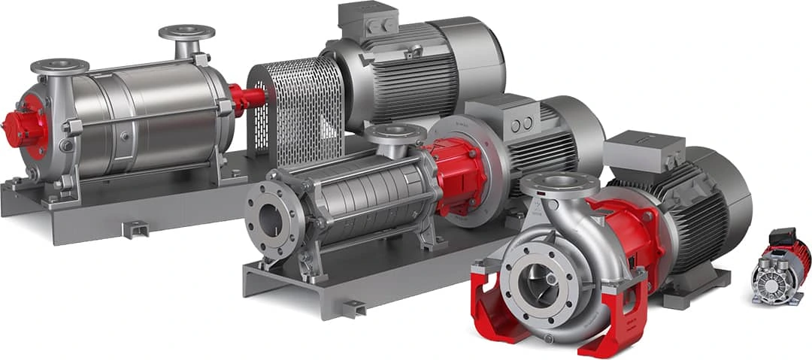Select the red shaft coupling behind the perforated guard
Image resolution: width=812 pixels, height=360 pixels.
[x=244, y=98]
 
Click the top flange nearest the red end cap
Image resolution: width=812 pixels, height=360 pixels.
[x=59, y=66]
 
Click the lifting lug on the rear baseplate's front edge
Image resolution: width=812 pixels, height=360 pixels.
[x=135, y=228]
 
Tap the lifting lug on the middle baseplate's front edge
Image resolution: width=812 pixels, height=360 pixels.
[x=353, y=307]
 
